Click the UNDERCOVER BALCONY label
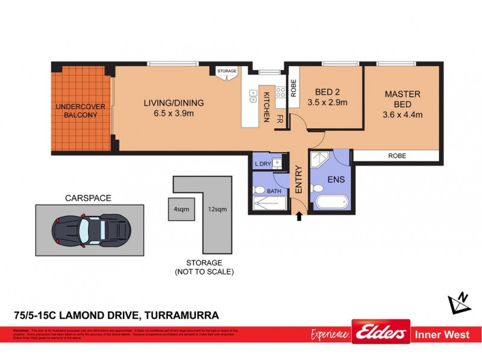[x=81, y=111]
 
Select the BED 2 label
[x=328, y=92]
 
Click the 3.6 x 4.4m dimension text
[x=404, y=114]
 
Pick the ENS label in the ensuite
[x=335, y=179]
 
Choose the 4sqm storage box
[x=180, y=209]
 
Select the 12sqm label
[x=217, y=209]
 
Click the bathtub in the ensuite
[x=331, y=202]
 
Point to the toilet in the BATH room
[x=259, y=191]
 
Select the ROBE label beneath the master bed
[x=396, y=155]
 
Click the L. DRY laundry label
[x=261, y=164]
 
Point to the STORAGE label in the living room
[x=227, y=71]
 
